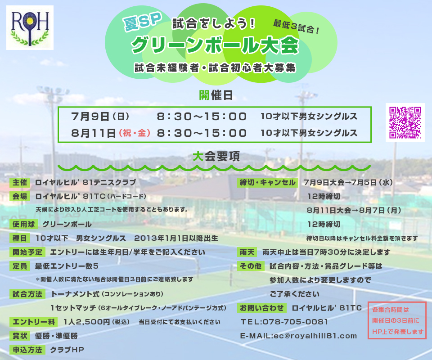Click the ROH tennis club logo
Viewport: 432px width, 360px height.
click(x=30, y=27)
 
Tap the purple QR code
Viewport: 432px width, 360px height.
click(x=405, y=122)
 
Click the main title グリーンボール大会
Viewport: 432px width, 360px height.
click(x=215, y=45)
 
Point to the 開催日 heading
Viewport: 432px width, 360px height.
click(x=216, y=95)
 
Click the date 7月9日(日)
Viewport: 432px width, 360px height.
click(x=100, y=116)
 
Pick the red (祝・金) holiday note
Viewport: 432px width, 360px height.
click(x=135, y=133)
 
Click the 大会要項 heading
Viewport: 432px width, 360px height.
click(x=216, y=157)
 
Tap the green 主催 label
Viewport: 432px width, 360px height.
click(x=20, y=182)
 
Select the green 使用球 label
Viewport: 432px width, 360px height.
click(x=24, y=224)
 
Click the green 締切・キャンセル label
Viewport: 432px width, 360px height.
click(x=267, y=182)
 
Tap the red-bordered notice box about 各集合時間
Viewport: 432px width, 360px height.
click(x=397, y=320)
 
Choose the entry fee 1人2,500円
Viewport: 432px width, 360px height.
click(x=87, y=322)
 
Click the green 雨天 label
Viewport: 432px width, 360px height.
click(x=247, y=252)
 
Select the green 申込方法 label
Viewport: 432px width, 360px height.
click(x=27, y=350)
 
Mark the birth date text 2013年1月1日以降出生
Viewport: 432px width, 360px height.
click(x=176, y=238)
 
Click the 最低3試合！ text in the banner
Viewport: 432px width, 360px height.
click(x=296, y=27)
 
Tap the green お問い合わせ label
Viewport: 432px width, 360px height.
click(x=262, y=308)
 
